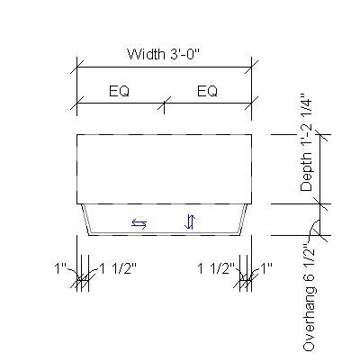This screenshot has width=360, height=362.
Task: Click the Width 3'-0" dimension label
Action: coord(163,54)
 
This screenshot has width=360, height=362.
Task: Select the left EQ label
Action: coord(122,91)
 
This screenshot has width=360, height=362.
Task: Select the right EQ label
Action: coord(207,91)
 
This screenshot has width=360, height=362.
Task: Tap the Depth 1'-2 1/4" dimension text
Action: coord(308,140)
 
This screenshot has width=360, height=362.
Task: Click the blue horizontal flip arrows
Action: coord(139,222)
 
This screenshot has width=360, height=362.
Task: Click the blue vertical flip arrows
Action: coord(190,222)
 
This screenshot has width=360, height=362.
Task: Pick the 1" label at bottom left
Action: coord(61,267)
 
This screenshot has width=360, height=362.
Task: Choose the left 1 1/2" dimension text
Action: coord(115,267)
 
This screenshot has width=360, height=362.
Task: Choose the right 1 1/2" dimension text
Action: coord(217,267)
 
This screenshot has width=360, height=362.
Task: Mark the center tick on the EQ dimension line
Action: coord(163,104)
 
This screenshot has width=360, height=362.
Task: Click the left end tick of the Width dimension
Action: coord(77,67)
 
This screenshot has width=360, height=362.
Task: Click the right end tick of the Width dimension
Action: coord(249,67)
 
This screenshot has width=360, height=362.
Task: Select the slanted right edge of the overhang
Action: coord(244,219)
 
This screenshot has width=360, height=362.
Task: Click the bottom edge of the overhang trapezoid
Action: coord(163,236)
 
